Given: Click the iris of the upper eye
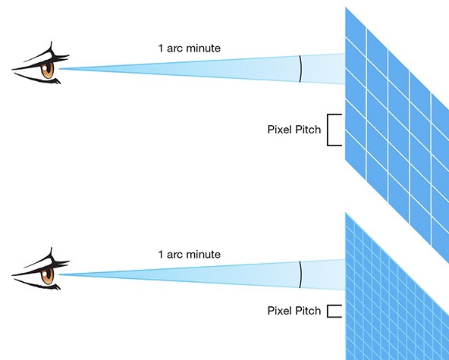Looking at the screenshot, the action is click(x=47, y=70).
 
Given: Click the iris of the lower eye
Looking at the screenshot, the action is click(x=47, y=276).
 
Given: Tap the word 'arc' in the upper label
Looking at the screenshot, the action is click(x=175, y=48).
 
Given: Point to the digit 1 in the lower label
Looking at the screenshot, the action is click(x=161, y=254).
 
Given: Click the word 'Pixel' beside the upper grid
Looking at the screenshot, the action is click(x=280, y=130).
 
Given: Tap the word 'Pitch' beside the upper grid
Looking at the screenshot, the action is click(x=308, y=130).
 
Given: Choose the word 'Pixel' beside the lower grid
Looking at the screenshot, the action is click(x=280, y=311).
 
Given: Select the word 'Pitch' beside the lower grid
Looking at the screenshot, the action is click(x=308, y=311).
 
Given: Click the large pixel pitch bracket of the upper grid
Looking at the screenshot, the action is click(x=328, y=130).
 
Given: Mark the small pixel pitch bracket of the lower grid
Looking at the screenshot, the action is click(x=328, y=311).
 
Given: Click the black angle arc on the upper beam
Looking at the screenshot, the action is click(x=300, y=69).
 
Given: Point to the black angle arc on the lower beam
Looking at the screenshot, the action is click(x=300, y=274).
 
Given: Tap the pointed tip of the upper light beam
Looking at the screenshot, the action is click(x=59, y=69).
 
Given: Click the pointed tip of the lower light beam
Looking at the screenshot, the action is click(x=59, y=274).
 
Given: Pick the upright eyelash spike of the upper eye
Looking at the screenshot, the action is click(x=51, y=48).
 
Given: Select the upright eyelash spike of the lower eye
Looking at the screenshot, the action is click(x=51, y=254).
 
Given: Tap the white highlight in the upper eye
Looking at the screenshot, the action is click(x=45, y=67).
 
